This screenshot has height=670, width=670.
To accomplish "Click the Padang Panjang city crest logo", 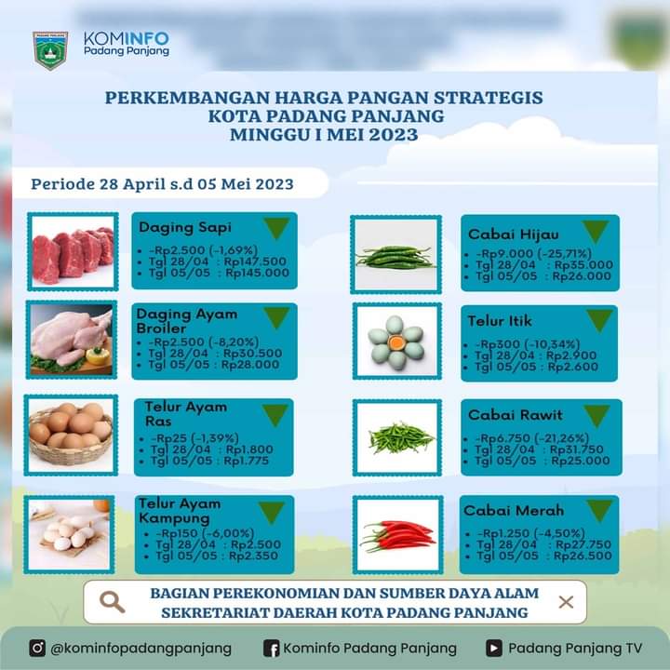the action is coord(50,50).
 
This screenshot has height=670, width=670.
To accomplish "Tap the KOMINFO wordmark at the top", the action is coord(127,39).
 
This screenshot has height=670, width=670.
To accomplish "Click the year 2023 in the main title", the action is coord(393,135).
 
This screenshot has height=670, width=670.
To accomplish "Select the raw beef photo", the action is coord(74,251).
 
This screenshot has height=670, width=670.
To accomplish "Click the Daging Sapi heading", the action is coord(185,227).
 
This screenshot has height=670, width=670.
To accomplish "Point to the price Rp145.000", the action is coord(257,273).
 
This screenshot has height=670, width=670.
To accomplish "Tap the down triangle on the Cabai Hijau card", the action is coord(596,231).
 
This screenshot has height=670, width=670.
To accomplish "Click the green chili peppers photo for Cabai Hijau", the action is coord(395,255).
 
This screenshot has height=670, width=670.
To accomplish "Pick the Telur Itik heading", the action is coord(500,321).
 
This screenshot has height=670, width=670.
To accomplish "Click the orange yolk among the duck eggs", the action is coord(396,342).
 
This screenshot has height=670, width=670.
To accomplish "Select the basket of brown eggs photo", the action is coord(71,435).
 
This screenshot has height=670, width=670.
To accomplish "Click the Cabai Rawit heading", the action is coord(516,415).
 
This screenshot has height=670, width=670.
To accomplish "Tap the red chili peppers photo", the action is coord(398,535).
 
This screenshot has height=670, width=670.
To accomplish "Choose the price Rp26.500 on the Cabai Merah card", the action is coord(583,556).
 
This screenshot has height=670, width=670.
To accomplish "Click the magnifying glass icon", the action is coord(113,602).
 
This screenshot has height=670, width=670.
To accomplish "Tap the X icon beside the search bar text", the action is coord(566,602).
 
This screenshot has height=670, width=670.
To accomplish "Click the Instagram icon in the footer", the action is coord(37,648).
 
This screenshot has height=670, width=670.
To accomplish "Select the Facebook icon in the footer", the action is coord(272,649).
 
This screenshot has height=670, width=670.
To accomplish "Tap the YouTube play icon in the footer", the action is coord(494,649).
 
